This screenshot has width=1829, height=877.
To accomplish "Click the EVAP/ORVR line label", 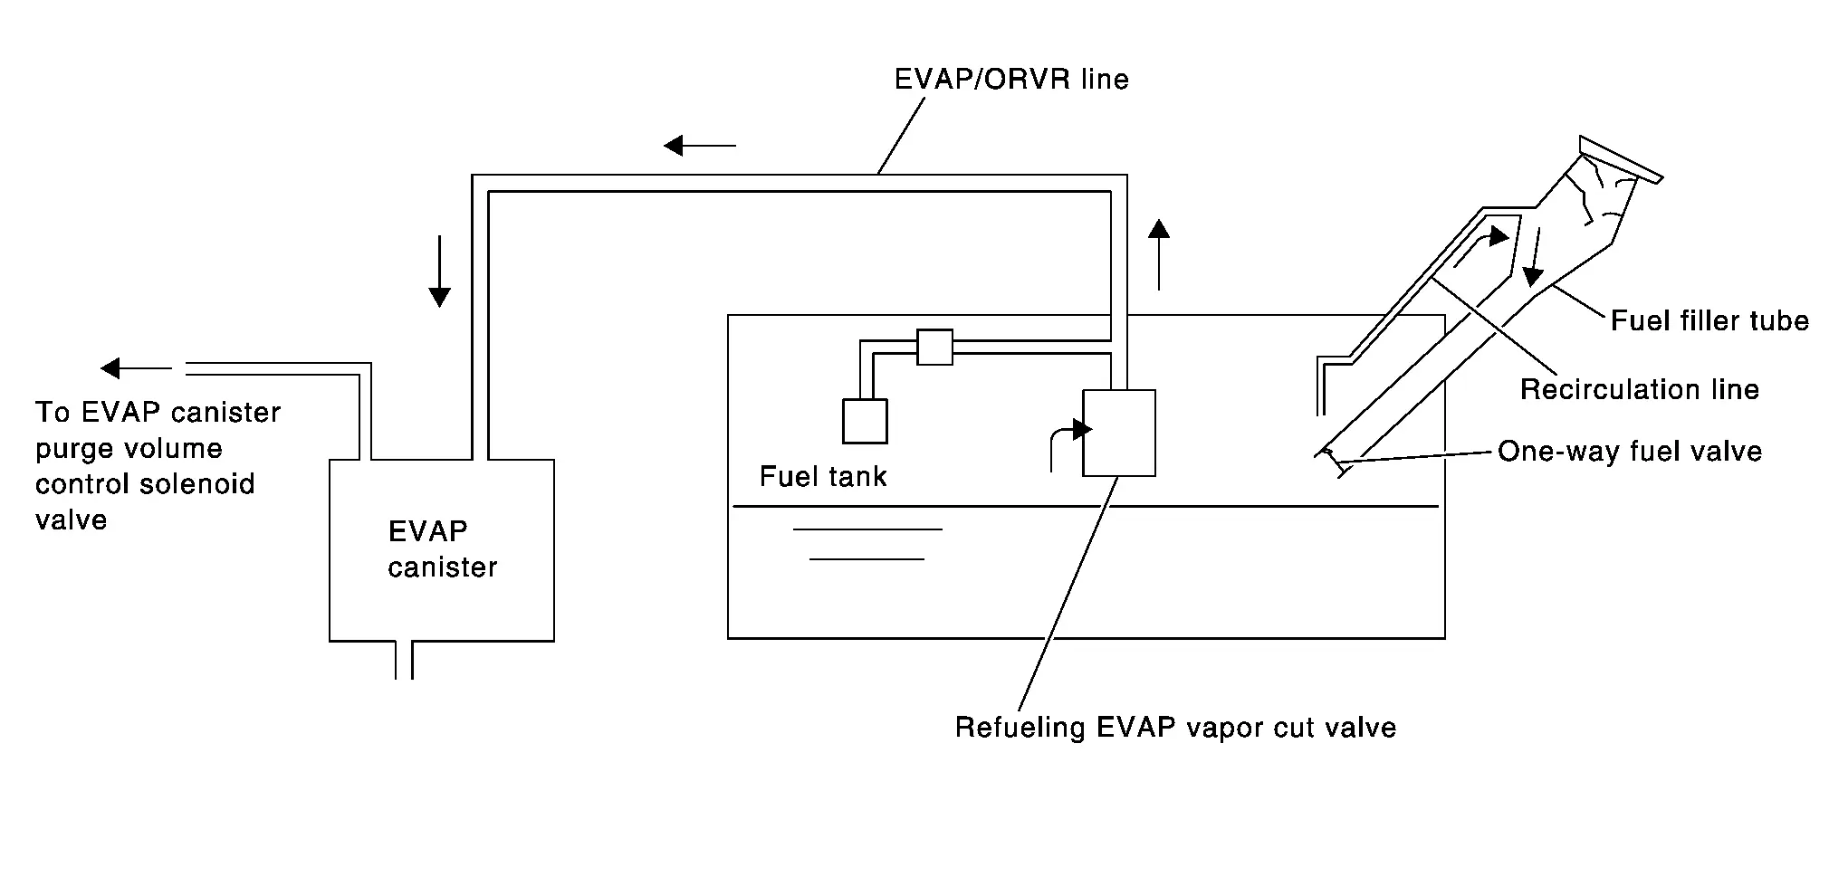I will pos(1011,80).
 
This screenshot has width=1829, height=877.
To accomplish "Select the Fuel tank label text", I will pos(822,477).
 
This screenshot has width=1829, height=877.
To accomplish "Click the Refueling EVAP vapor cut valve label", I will pos(1175,728).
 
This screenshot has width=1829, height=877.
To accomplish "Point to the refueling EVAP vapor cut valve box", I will pos(1119,433).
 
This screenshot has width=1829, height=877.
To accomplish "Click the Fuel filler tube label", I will pos(1709,320).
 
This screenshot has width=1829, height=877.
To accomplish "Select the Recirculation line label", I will pos(1639,390).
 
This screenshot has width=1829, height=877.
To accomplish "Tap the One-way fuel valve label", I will pos(1630,452).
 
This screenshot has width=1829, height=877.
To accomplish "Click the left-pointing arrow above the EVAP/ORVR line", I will pos(699,145).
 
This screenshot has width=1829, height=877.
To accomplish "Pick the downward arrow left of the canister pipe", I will pos(439,272).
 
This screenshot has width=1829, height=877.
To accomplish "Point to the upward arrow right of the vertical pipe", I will pos(1159,254).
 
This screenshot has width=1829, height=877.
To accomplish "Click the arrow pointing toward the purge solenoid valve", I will pos(136,368).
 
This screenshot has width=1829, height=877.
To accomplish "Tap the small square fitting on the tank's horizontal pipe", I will pos(934,347).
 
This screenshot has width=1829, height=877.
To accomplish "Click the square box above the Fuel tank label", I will pos(865,421).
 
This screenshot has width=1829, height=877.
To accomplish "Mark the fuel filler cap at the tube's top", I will pos(1621,159).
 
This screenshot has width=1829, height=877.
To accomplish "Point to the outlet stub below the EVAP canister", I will pos(404,661).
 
